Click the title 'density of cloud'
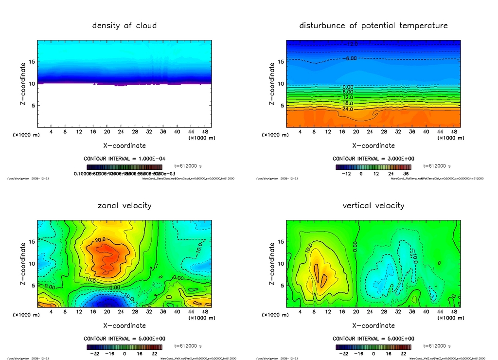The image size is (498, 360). click(x=124, y=25)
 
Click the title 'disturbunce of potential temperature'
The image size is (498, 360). click(x=373, y=25)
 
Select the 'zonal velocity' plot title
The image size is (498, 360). click(x=124, y=205)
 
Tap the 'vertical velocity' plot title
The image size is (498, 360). click(x=373, y=205)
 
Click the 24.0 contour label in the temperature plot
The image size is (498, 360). click(x=348, y=109)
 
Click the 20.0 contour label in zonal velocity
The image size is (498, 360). click(x=100, y=240)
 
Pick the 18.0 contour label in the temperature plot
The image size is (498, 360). click(x=348, y=103)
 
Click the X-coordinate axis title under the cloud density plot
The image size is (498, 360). click(x=124, y=145)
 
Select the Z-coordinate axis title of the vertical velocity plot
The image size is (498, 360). click(x=272, y=263)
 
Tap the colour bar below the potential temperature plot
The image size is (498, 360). click(x=373, y=167)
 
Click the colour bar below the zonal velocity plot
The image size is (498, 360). click(x=124, y=347)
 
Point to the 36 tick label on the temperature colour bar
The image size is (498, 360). click(x=405, y=174)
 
